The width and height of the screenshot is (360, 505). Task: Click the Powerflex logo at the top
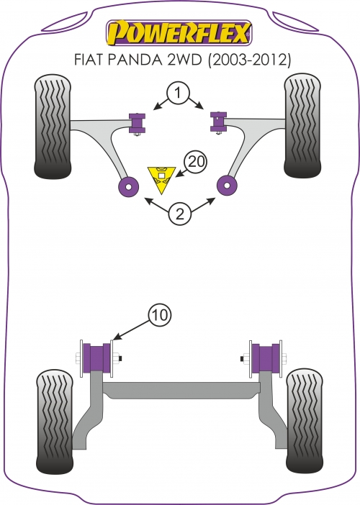179,32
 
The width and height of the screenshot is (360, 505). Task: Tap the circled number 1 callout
179,94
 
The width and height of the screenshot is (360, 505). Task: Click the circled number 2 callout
179,213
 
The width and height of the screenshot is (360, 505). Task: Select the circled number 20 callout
195,161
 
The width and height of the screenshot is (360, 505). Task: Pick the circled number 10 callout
160,314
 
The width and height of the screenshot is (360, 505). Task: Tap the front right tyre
302,126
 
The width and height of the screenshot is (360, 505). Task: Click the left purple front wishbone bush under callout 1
137,123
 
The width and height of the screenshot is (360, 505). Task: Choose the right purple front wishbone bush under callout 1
218,122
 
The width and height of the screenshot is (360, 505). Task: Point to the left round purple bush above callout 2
129,186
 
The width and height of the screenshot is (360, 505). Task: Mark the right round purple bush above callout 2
228,185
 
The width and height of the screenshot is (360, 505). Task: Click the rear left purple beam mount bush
96,358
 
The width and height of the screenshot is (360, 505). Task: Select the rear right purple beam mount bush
266,358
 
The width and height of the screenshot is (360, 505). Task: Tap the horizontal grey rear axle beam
181,390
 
